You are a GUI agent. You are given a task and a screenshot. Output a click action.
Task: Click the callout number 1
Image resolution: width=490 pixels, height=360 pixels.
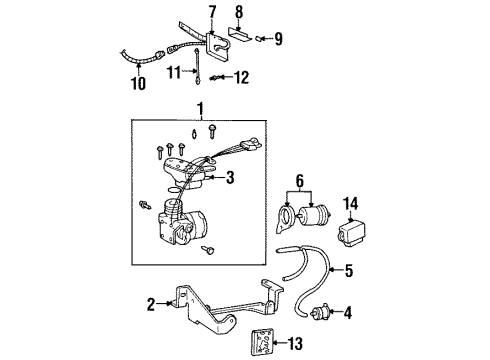[x=204, y=108]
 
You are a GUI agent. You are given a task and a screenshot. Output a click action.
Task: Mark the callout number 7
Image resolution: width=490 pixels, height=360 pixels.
[x=211, y=11]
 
